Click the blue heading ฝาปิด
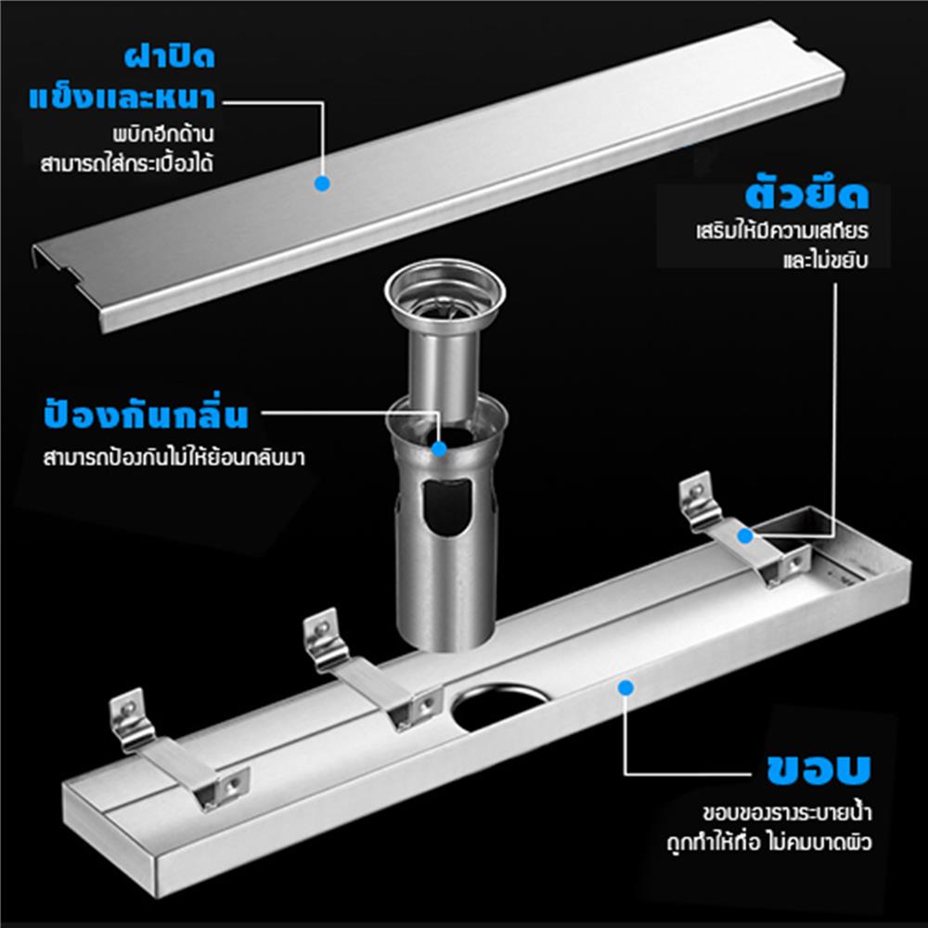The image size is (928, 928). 170,58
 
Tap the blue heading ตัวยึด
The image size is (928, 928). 806,196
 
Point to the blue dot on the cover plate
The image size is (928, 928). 322,184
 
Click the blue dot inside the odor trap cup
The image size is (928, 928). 439,448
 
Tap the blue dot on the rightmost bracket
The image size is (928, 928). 743,535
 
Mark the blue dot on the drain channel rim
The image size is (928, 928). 625,689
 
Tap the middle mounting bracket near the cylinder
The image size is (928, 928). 367,668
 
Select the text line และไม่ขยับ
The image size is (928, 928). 823,261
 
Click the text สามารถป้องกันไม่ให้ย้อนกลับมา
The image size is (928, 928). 174,458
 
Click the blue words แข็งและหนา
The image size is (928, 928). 123,97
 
